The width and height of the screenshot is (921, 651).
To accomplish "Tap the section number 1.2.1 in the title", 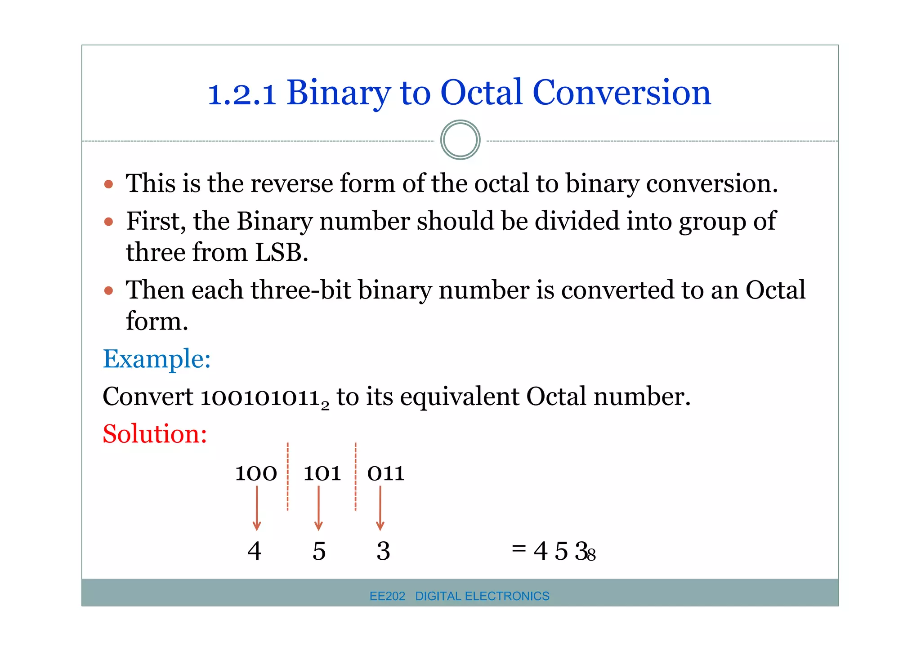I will click(241, 94).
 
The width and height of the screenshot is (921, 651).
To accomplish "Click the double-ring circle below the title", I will click(460, 140).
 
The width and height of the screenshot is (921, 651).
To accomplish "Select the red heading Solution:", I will click(155, 434).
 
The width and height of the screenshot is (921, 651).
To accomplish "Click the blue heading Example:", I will click(156, 359).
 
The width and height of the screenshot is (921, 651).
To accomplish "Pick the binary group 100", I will click(256, 473).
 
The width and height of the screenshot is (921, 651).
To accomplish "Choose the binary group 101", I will click(322, 473).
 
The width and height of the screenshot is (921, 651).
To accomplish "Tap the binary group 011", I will click(385, 473).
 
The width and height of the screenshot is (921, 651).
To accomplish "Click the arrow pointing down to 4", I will click(257, 508).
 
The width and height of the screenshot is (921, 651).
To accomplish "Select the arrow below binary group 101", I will click(318, 508).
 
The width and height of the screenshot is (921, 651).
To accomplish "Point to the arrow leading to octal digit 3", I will click(380, 508).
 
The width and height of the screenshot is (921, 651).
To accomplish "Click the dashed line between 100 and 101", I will click(288, 477).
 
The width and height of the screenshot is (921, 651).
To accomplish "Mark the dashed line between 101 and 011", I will click(355, 477).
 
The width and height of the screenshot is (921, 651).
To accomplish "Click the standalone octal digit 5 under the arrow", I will click(319, 551).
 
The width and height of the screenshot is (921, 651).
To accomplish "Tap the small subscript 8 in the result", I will click(591, 556).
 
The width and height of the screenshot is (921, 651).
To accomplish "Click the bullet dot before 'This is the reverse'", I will click(108, 184).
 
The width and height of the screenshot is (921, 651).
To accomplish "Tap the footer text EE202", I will click(387, 596).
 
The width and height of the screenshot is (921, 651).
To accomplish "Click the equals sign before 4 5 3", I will click(519, 548).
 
